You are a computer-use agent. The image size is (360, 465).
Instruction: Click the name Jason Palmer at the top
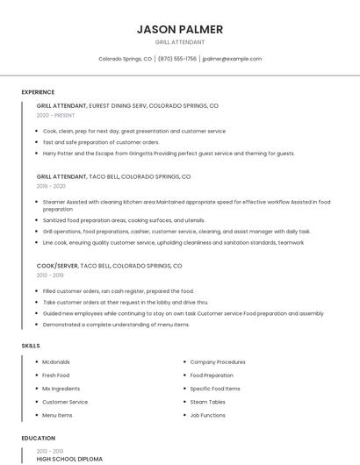click(x=180, y=29)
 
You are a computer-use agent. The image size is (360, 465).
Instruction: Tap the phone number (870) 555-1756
click(x=177, y=59)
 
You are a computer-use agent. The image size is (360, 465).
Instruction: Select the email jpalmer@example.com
click(x=232, y=59)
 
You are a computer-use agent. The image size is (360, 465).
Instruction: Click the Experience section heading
click(x=38, y=92)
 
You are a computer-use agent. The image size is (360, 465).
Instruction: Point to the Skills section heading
click(x=31, y=346)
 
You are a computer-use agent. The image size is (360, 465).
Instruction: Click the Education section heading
click(x=38, y=438)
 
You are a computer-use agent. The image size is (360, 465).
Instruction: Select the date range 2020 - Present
click(x=55, y=115)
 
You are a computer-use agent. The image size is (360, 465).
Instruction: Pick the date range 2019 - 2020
click(x=51, y=186)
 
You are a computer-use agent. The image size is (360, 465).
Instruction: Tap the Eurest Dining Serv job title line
click(x=127, y=105)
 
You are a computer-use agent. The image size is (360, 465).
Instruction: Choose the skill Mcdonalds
click(x=56, y=361)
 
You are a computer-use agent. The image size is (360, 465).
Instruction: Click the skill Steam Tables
click(x=208, y=402)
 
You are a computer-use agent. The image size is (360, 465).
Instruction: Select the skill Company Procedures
click(x=218, y=361)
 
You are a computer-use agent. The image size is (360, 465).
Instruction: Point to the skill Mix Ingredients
click(x=61, y=388)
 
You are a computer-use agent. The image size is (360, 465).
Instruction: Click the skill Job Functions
click(x=208, y=415)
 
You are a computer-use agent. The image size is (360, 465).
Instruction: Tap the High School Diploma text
click(x=69, y=459)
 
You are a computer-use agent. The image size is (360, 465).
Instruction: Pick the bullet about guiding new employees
click(x=183, y=313)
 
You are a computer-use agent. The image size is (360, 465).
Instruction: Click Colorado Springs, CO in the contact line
click(x=125, y=59)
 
